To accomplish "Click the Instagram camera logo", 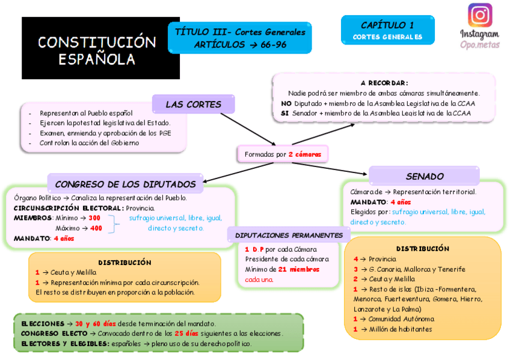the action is pos(479,15).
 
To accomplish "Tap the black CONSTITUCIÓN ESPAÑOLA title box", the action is pos(100,48).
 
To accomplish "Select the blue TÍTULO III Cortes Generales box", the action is pos(239,38).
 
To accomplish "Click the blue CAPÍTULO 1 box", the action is pos(387,30).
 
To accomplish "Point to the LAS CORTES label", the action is pos(193,105).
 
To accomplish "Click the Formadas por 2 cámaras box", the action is pos(283,154).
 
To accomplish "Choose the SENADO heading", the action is pos(425,177).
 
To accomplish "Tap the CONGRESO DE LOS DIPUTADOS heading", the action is pos(125,184).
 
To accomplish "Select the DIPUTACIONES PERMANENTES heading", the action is pos(289,236).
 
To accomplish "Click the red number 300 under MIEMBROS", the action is pos(94,218).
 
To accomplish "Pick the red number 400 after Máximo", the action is pos(96,228).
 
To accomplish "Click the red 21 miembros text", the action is pos(299,269).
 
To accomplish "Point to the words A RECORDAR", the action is pos(384,83).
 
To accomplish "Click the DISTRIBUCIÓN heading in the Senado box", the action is pos(422,248).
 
